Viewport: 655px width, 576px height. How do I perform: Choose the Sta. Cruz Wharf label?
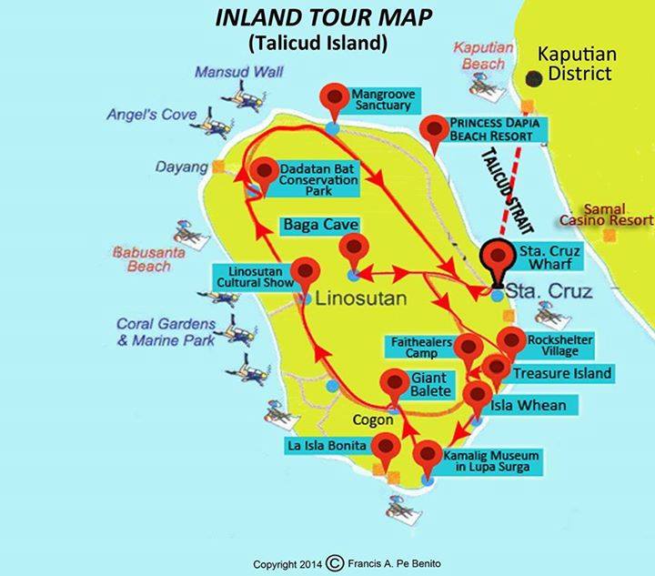pyautogui.click(x=546, y=256)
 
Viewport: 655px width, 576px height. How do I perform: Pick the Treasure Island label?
pyautogui.click(x=561, y=373)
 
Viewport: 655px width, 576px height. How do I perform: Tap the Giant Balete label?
pyautogui.click(x=430, y=384)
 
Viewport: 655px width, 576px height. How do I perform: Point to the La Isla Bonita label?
pyautogui.click(x=327, y=446)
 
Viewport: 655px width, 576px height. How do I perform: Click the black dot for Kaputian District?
pyautogui.click(x=533, y=78)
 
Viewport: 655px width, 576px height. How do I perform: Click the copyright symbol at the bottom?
pyautogui.click(x=335, y=562)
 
